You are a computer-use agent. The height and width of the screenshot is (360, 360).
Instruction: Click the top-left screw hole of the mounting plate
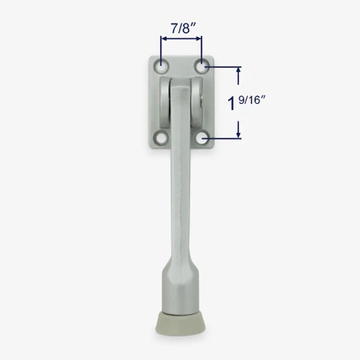pyautogui.click(x=162, y=66)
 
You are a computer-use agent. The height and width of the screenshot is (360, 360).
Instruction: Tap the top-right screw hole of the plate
pyautogui.click(x=201, y=66)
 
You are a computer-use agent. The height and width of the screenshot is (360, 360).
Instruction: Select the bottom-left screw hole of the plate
pyautogui.click(x=161, y=138)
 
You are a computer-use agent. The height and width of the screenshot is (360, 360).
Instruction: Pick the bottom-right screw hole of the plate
pyautogui.click(x=203, y=138)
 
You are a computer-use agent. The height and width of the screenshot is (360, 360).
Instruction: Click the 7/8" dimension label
pyautogui.click(x=184, y=28)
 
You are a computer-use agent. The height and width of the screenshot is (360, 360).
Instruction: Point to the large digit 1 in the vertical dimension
pyautogui.click(x=231, y=103)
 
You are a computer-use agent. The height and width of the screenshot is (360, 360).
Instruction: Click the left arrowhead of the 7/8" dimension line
pyautogui.click(x=164, y=39)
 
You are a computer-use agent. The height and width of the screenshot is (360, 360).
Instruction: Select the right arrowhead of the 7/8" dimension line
pyautogui.click(x=198, y=39)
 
